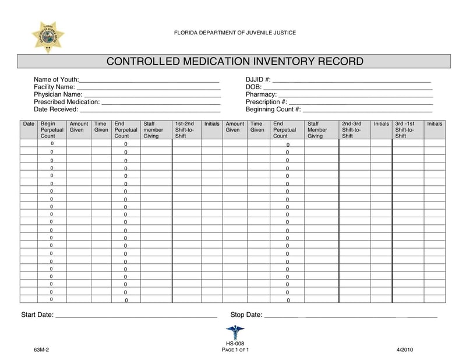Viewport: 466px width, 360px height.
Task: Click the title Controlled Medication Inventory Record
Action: click(x=234, y=61)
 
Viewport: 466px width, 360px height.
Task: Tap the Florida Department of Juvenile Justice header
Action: click(x=235, y=33)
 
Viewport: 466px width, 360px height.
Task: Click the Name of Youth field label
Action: click(x=56, y=79)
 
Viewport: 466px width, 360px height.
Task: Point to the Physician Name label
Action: click(x=58, y=94)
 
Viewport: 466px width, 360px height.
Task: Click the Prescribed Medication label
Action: click(x=66, y=102)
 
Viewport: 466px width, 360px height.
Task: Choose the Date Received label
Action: click(x=56, y=109)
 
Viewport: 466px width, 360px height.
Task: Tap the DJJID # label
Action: click(x=258, y=79)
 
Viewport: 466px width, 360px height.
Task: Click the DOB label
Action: click(x=254, y=87)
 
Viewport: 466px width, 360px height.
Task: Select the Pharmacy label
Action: click(x=261, y=94)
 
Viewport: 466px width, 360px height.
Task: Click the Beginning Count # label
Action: click(x=273, y=109)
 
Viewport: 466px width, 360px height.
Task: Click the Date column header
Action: click(x=29, y=124)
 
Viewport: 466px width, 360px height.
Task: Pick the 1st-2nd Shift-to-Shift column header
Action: click(x=185, y=129)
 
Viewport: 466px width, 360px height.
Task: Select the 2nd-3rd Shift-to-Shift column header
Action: click(x=352, y=129)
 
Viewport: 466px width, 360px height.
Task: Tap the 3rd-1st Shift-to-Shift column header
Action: click(x=405, y=129)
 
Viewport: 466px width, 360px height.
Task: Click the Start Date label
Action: click(x=37, y=315)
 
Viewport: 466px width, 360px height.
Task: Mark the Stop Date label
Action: click(x=246, y=315)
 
